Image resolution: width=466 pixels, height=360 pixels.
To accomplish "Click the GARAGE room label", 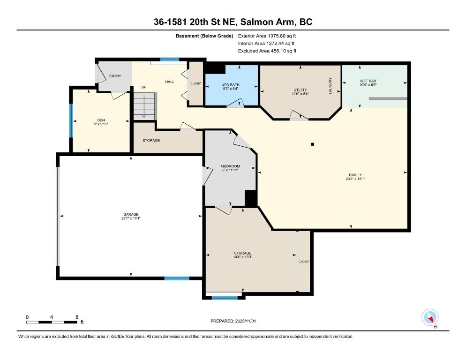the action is tap(131, 214).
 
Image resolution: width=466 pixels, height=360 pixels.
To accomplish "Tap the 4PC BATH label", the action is tap(231, 85).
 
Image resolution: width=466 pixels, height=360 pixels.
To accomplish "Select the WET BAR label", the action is tap(368, 81).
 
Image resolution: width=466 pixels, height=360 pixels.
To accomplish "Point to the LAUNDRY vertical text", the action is tap(330, 86).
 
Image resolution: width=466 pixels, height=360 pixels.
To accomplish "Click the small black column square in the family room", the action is tap(312, 144).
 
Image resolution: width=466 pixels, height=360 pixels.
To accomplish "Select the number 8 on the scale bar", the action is tap(77, 317).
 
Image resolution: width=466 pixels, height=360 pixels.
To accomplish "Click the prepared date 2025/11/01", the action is tap(246, 321).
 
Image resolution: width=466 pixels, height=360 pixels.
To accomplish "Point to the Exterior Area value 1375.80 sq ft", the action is tap(282, 36).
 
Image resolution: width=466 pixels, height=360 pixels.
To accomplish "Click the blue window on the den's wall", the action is tap(71, 120).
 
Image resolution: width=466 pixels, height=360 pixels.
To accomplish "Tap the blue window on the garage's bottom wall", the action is tap(177, 278).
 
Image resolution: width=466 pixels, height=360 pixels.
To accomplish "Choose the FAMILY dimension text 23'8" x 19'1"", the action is tap(355, 179).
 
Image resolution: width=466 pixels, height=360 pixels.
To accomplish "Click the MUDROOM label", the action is tap(230, 166).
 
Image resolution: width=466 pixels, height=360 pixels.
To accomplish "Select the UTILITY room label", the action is tap(300, 90).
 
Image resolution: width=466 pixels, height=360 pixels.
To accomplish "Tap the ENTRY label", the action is tap(115, 76).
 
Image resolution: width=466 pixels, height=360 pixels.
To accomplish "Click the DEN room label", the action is tap(101, 120).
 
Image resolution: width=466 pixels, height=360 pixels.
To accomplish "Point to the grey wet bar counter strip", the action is tap(388, 98).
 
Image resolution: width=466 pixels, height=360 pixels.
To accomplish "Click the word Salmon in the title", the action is tap(255, 22).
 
